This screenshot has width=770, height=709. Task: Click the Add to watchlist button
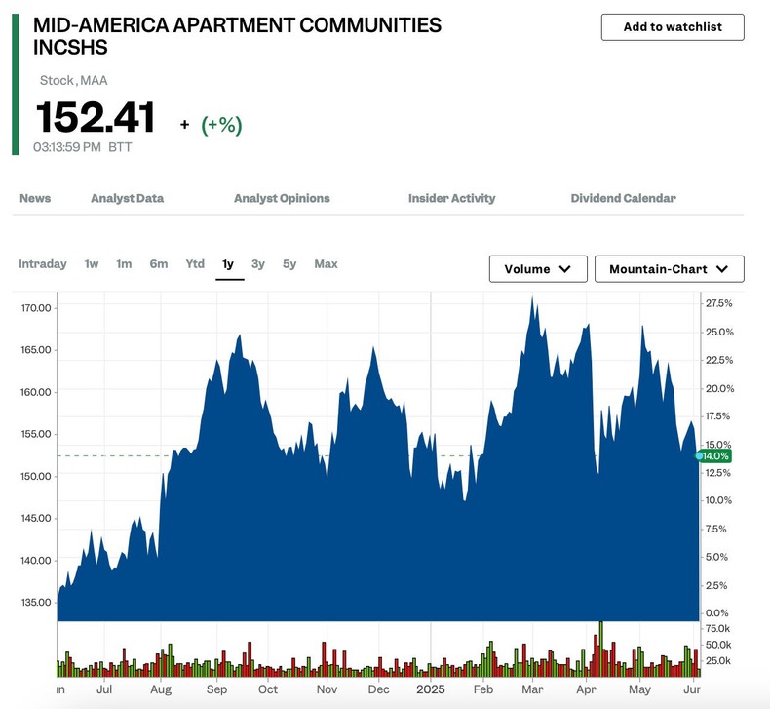tap(673, 27)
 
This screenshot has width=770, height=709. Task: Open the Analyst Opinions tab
tap(282, 198)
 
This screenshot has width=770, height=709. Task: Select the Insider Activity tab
tap(451, 198)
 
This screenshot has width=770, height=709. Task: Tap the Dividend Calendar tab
tap(623, 198)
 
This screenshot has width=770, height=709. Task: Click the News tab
tap(35, 198)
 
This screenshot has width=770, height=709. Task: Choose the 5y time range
tap(289, 264)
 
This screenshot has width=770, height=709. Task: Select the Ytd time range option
tap(195, 264)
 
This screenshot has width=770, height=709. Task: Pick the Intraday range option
tap(43, 264)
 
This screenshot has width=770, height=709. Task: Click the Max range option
tap(326, 264)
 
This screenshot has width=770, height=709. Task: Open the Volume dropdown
tap(538, 269)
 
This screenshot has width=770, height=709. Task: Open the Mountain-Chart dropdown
tap(669, 269)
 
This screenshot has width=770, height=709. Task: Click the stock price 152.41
tap(96, 118)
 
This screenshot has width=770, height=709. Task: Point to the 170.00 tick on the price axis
tap(36, 308)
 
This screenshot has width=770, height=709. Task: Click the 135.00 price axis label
tap(36, 602)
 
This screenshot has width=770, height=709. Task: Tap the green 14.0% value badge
tap(716, 456)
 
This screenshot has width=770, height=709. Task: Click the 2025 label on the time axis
tap(430, 689)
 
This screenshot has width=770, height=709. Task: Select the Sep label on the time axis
tap(216, 689)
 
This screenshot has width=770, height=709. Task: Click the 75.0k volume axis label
tap(718, 628)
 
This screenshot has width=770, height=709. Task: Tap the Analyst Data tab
tap(127, 198)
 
